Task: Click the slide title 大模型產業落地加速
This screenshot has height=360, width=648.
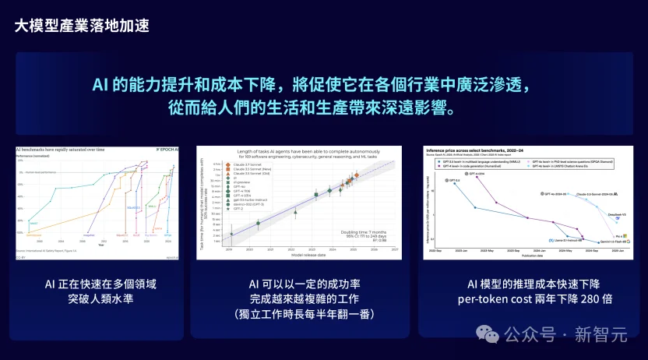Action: pos(82,25)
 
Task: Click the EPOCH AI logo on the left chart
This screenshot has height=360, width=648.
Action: pos(165,148)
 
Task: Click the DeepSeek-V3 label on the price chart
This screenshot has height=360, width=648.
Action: pos(597,212)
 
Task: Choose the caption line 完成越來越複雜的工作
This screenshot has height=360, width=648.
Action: pos(300,298)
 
